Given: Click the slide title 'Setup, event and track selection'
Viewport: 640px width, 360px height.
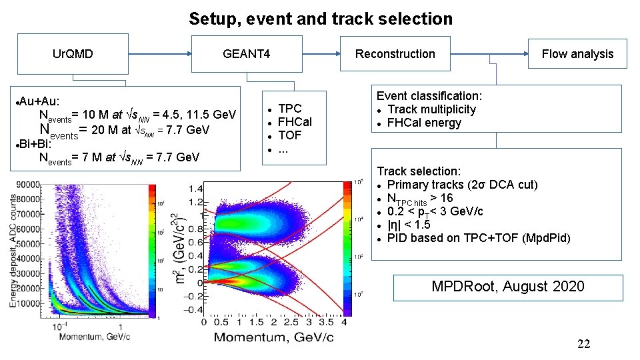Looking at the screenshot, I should click(320, 19).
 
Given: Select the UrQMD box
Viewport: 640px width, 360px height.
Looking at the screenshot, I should click(73, 54).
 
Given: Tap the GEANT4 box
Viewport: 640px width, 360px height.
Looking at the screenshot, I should click(246, 54).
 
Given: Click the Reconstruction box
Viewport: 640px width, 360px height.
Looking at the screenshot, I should click(395, 54).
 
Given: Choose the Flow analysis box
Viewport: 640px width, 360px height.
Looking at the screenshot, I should click(577, 54).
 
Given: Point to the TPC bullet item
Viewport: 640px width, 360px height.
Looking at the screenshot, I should click(289, 109).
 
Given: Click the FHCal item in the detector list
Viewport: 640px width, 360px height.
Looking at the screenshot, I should click(294, 122).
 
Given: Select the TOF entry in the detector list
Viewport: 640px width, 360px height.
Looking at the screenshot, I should click(289, 135).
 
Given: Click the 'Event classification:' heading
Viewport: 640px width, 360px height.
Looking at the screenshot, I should click(429, 96).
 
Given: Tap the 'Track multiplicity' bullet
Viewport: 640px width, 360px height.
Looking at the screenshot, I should click(431, 109).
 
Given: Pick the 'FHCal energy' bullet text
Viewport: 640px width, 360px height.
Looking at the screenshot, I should click(423, 123).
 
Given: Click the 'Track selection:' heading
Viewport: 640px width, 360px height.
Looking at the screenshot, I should click(419, 171).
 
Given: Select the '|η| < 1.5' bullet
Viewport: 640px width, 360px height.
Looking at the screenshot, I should click(409, 225).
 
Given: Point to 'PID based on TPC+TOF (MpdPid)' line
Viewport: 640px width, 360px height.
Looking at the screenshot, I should click(478, 238).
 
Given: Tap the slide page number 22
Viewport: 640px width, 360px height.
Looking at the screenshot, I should click(583, 344).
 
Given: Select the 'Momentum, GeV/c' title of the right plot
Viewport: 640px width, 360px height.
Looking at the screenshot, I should click(273, 337).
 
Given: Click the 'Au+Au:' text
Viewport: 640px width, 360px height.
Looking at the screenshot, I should click(40, 101).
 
